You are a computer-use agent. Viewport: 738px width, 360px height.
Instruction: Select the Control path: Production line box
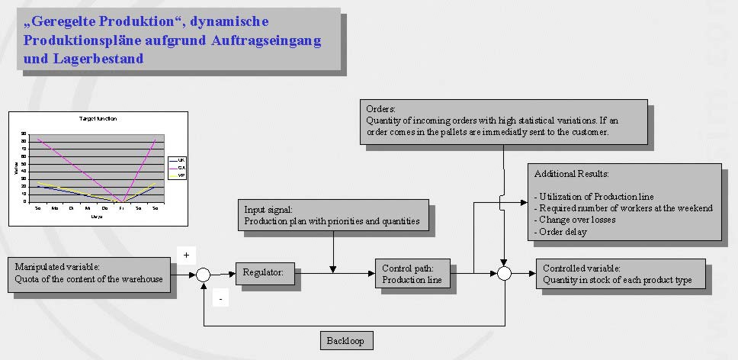[412, 274]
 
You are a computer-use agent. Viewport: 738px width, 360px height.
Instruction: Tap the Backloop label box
[347, 340]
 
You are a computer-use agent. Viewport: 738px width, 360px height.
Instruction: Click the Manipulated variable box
[89, 274]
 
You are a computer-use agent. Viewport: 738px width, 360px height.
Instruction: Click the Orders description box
[502, 121]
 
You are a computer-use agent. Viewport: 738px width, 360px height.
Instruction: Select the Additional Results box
[625, 203]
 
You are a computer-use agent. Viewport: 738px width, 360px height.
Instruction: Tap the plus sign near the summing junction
[187, 254]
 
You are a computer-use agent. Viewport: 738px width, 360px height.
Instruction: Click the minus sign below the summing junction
[220, 300]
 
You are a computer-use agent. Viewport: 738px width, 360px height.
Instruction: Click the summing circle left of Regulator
[203, 275]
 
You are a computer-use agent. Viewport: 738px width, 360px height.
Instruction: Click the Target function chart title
[98, 119]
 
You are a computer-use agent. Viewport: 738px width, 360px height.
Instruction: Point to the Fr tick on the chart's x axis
[121, 207]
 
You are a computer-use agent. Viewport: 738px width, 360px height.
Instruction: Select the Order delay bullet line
[561, 232]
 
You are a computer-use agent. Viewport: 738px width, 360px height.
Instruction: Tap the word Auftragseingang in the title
[260, 40]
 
